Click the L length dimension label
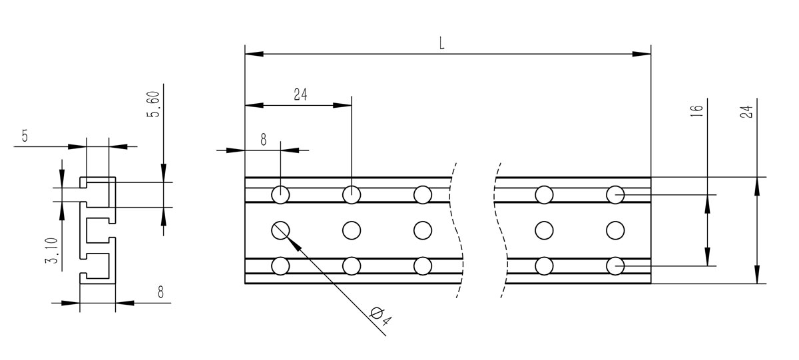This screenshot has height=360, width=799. pyautogui.click(x=441, y=42)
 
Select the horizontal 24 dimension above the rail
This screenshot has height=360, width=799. pyautogui.click(x=300, y=94)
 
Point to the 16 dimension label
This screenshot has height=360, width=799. pyautogui.click(x=696, y=111)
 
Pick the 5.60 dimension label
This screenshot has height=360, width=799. pyautogui.click(x=154, y=105)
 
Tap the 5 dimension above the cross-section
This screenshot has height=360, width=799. pyautogui.click(x=25, y=136)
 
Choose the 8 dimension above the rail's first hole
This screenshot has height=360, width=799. pyautogui.click(x=263, y=139)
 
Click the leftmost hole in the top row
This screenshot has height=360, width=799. pyautogui.click(x=280, y=194)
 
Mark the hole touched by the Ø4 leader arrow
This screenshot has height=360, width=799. pyautogui.click(x=280, y=230)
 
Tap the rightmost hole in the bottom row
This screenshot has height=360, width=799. pyautogui.click(x=615, y=266)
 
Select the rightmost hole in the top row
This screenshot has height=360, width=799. pyautogui.click(x=615, y=194)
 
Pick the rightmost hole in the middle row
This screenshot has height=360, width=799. pyautogui.click(x=615, y=230)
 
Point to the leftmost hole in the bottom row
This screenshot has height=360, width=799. pyautogui.click(x=280, y=266)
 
